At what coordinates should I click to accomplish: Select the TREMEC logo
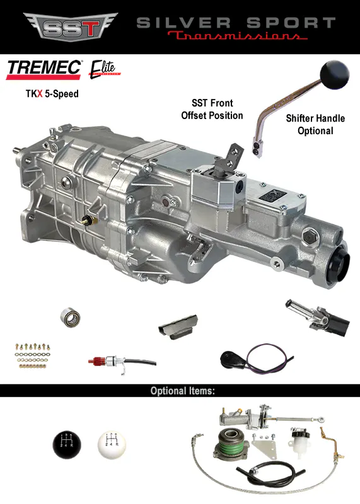(44, 69)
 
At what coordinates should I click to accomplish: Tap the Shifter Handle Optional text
(309, 124)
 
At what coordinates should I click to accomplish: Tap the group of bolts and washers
(32, 356)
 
